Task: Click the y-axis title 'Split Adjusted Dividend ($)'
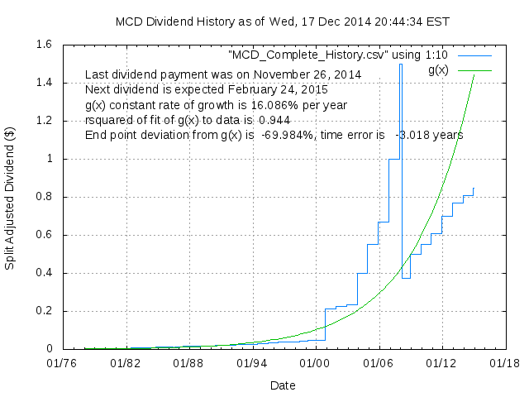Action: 12,196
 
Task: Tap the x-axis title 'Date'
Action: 283,385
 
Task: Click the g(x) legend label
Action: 437,69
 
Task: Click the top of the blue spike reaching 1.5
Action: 401,65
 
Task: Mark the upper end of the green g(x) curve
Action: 474,74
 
